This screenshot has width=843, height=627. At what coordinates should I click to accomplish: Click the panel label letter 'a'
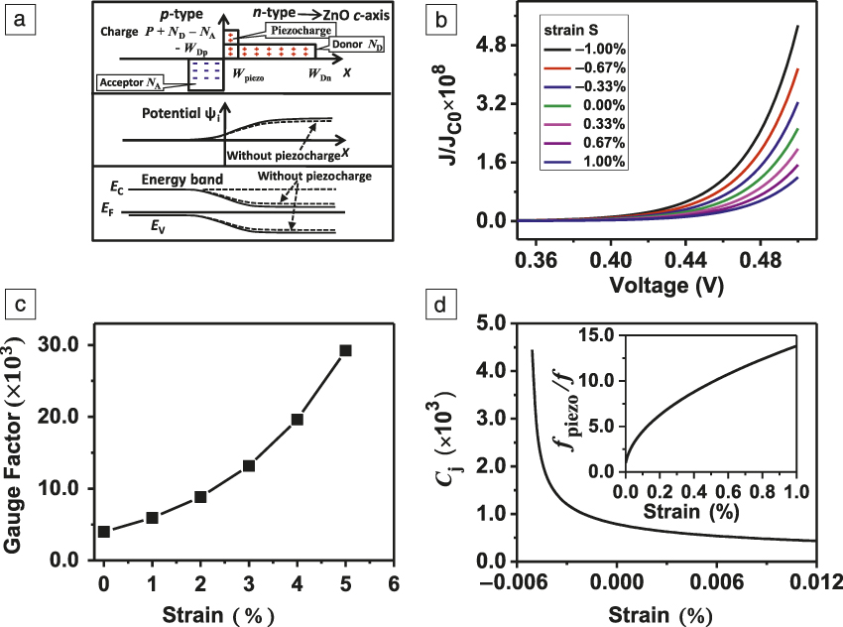(17, 17)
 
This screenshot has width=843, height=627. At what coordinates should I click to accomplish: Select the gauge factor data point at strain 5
(345, 350)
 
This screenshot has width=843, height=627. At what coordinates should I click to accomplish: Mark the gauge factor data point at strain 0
(104, 532)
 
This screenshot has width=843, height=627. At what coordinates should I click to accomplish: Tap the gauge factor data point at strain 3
(249, 466)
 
